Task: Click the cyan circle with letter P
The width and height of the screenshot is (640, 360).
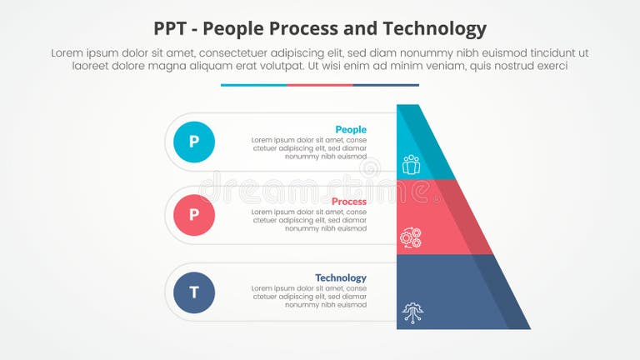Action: pos(194,142)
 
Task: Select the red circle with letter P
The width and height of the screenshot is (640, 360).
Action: pos(194,215)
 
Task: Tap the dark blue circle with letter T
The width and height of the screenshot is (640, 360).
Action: pos(194,292)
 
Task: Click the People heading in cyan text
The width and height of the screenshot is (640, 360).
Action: pos(350,130)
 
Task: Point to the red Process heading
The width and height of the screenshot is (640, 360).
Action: pos(348,202)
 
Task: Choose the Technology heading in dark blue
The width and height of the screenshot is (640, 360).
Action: pos(340,277)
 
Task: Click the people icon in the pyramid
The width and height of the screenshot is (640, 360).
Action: pos(411,164)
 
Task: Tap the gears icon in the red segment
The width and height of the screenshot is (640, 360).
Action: pos(411,237)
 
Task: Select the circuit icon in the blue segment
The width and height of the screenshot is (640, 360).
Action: pos(412,312)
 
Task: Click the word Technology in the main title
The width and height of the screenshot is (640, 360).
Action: pos(434,29)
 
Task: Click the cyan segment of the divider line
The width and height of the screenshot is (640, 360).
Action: pos(253,85)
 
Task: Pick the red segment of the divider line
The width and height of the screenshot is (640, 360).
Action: pos(320,85)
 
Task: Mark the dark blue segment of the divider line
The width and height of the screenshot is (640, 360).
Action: pos(386,85)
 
